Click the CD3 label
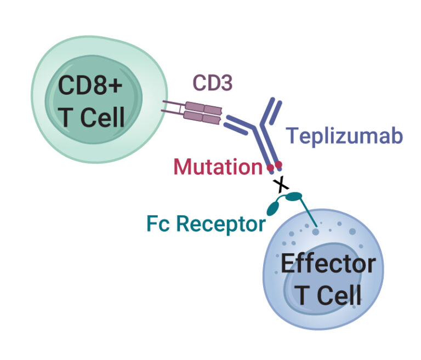[213, 83]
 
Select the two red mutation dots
[275, 165]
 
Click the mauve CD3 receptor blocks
[203, 111]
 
